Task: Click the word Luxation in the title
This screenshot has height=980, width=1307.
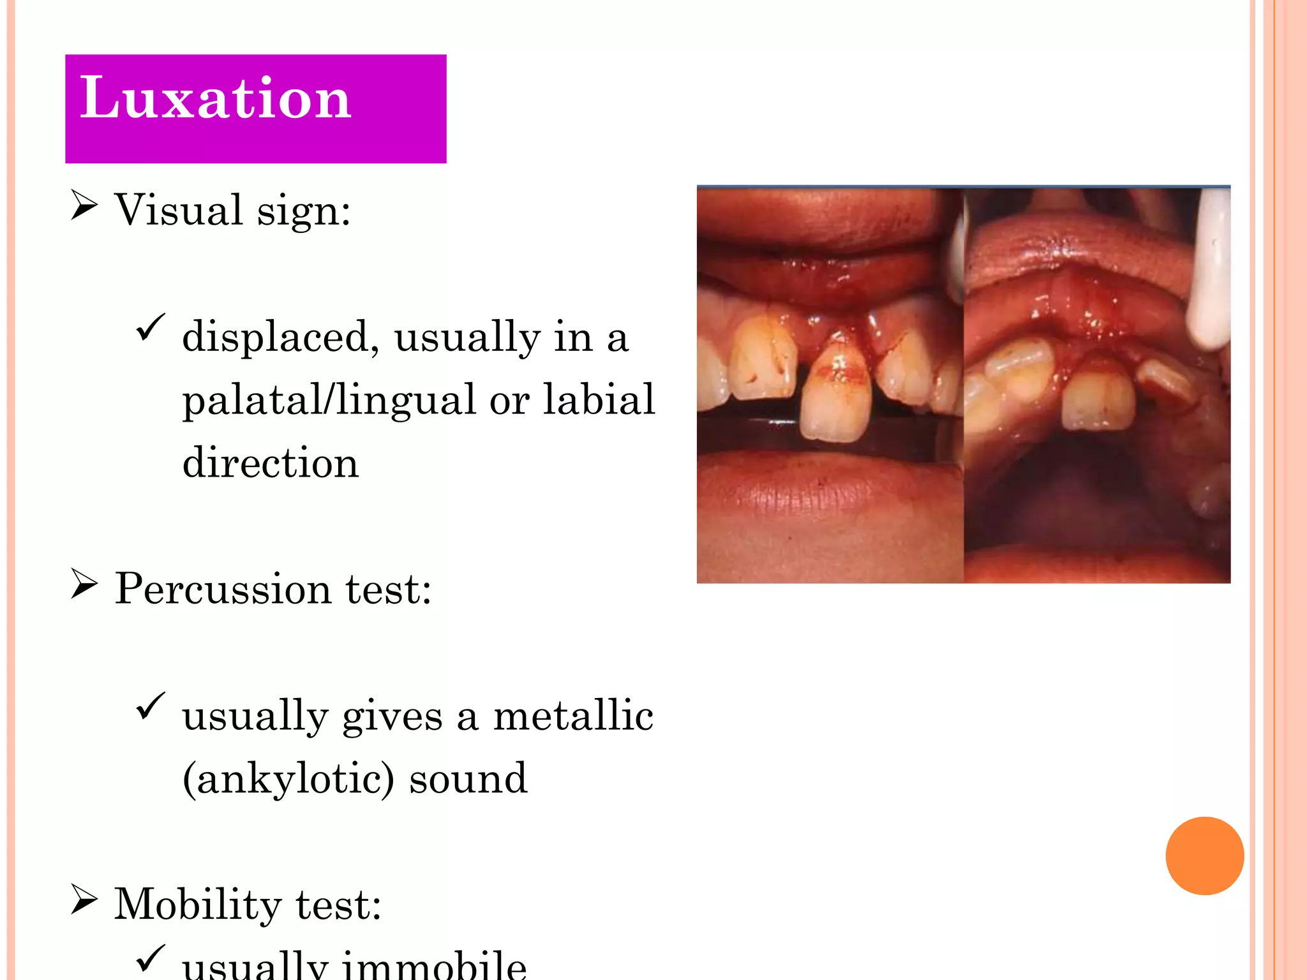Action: (215, 98)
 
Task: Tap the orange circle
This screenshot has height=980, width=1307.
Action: (1204, 856)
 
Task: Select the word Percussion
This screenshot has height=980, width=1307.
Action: (223, 588)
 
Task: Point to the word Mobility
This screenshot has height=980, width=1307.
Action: (197, 904)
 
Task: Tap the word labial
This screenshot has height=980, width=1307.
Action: (599, 399)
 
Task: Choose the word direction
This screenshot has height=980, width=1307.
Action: (271, 462)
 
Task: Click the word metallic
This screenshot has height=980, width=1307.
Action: (573, 715)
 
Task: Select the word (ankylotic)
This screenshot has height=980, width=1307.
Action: (288, 779)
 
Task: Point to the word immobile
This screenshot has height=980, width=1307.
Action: (435, 964)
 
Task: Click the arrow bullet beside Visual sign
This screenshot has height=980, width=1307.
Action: (84, 205)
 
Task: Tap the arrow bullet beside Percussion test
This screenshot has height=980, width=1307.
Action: (84, 584)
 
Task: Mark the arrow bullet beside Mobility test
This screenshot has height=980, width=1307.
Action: (84, 900)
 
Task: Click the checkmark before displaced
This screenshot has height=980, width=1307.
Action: (151, 328)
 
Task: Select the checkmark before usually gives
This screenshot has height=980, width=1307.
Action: (151, 707)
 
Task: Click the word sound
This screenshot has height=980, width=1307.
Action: (468, 779)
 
